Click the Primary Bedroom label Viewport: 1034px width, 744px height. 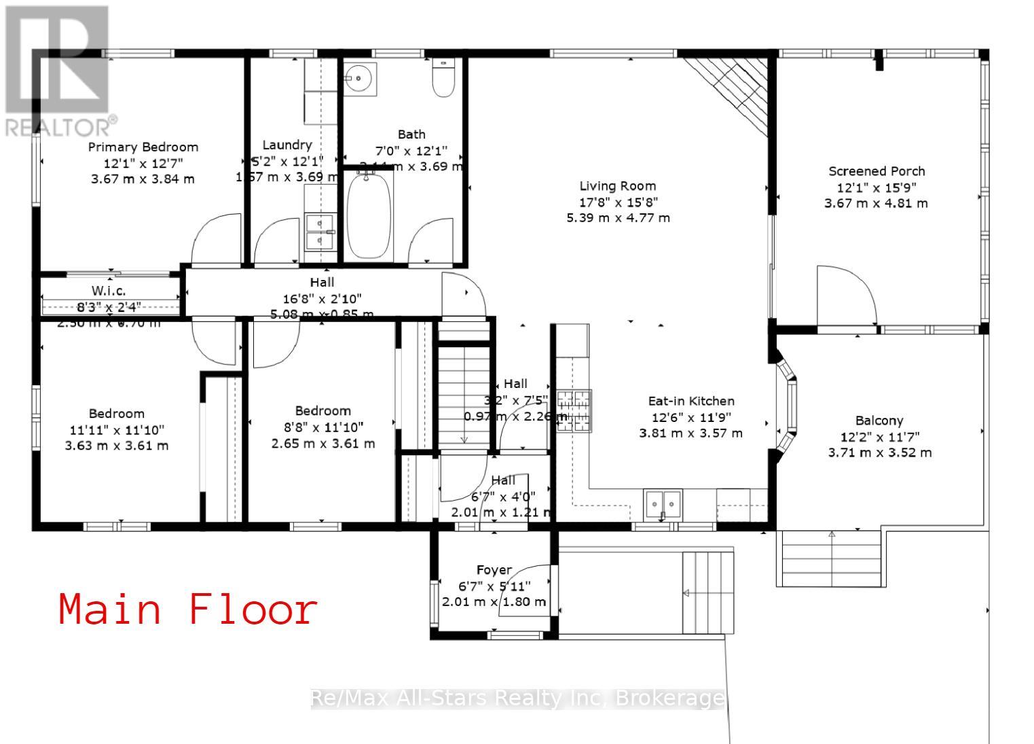pos(143,147)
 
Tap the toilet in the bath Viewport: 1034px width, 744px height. pos(443,78)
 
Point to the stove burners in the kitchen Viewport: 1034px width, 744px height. pos(574,411)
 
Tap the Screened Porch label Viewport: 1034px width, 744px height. pos(876,171)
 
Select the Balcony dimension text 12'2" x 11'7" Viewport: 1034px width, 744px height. pos(879,437)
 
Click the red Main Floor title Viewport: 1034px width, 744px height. pos(188,609)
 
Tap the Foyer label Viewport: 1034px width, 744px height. pos(494,570)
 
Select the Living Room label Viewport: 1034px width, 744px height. pos(617,185)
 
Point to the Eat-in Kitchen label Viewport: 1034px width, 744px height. pos(691,401)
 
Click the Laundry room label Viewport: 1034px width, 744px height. pos(287,145)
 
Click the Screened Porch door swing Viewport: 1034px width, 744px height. pos(845,296)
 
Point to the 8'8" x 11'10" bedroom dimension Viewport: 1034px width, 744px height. pos(322,427)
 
